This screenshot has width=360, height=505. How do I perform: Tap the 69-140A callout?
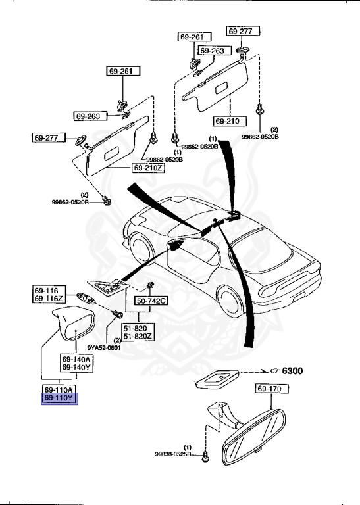pos(77,359)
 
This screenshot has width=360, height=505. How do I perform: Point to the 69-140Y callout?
pos(77,368)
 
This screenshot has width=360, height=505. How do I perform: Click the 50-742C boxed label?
pos(151,301)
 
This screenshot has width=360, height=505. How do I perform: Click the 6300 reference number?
pos(292,371)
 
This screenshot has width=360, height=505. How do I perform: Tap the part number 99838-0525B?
pos(173,454)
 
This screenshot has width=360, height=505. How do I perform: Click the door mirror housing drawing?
pos(74,325)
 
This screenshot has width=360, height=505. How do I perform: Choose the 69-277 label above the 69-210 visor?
pos(244,31)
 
